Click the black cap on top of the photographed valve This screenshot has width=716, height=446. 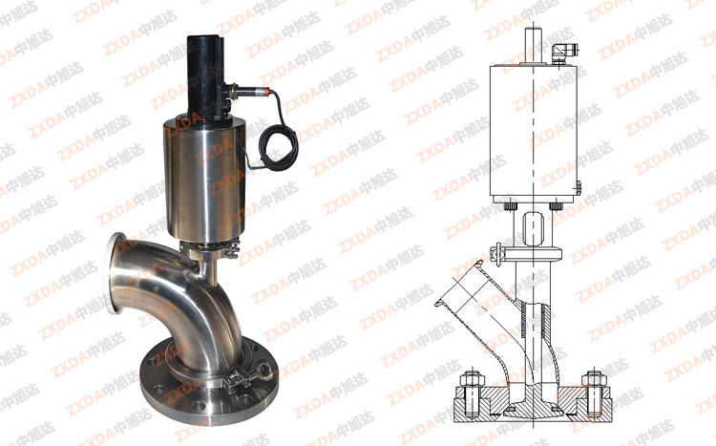pyautogui.click(x=205, y=75)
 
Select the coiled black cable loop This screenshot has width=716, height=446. pyautogui.click(x=278, y=147)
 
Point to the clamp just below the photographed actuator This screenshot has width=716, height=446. pyautogui.click(x=210, y=250)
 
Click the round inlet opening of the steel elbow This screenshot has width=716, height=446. pyautogui.click(x=115, y=273)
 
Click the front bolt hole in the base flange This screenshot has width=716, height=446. pyautogui.click(x=199, y=405)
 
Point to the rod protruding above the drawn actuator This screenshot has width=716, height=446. pyautogui.click(x=533, y=46)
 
